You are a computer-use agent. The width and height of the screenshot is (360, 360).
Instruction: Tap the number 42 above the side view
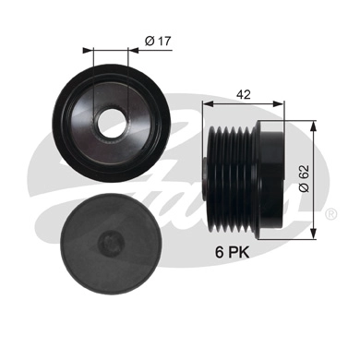[x=244, y=93]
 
